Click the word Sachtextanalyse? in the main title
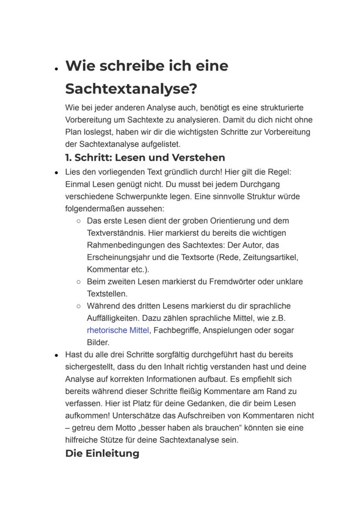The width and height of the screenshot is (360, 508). tap(131, 89)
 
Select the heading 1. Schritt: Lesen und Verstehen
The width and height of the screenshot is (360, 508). tap(145, 157)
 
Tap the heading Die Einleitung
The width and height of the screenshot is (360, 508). tap(102, 453)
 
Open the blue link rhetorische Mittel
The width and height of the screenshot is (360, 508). tap(118, 330)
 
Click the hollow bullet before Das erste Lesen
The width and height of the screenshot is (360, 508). tap(79, 221)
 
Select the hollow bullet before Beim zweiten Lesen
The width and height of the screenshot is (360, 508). tap(79, 282)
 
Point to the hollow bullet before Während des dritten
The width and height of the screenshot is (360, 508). tap(79, 306)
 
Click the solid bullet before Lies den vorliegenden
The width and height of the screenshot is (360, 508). tap(57, 173)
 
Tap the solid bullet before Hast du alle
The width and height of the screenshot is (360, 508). tap(57, 355)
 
